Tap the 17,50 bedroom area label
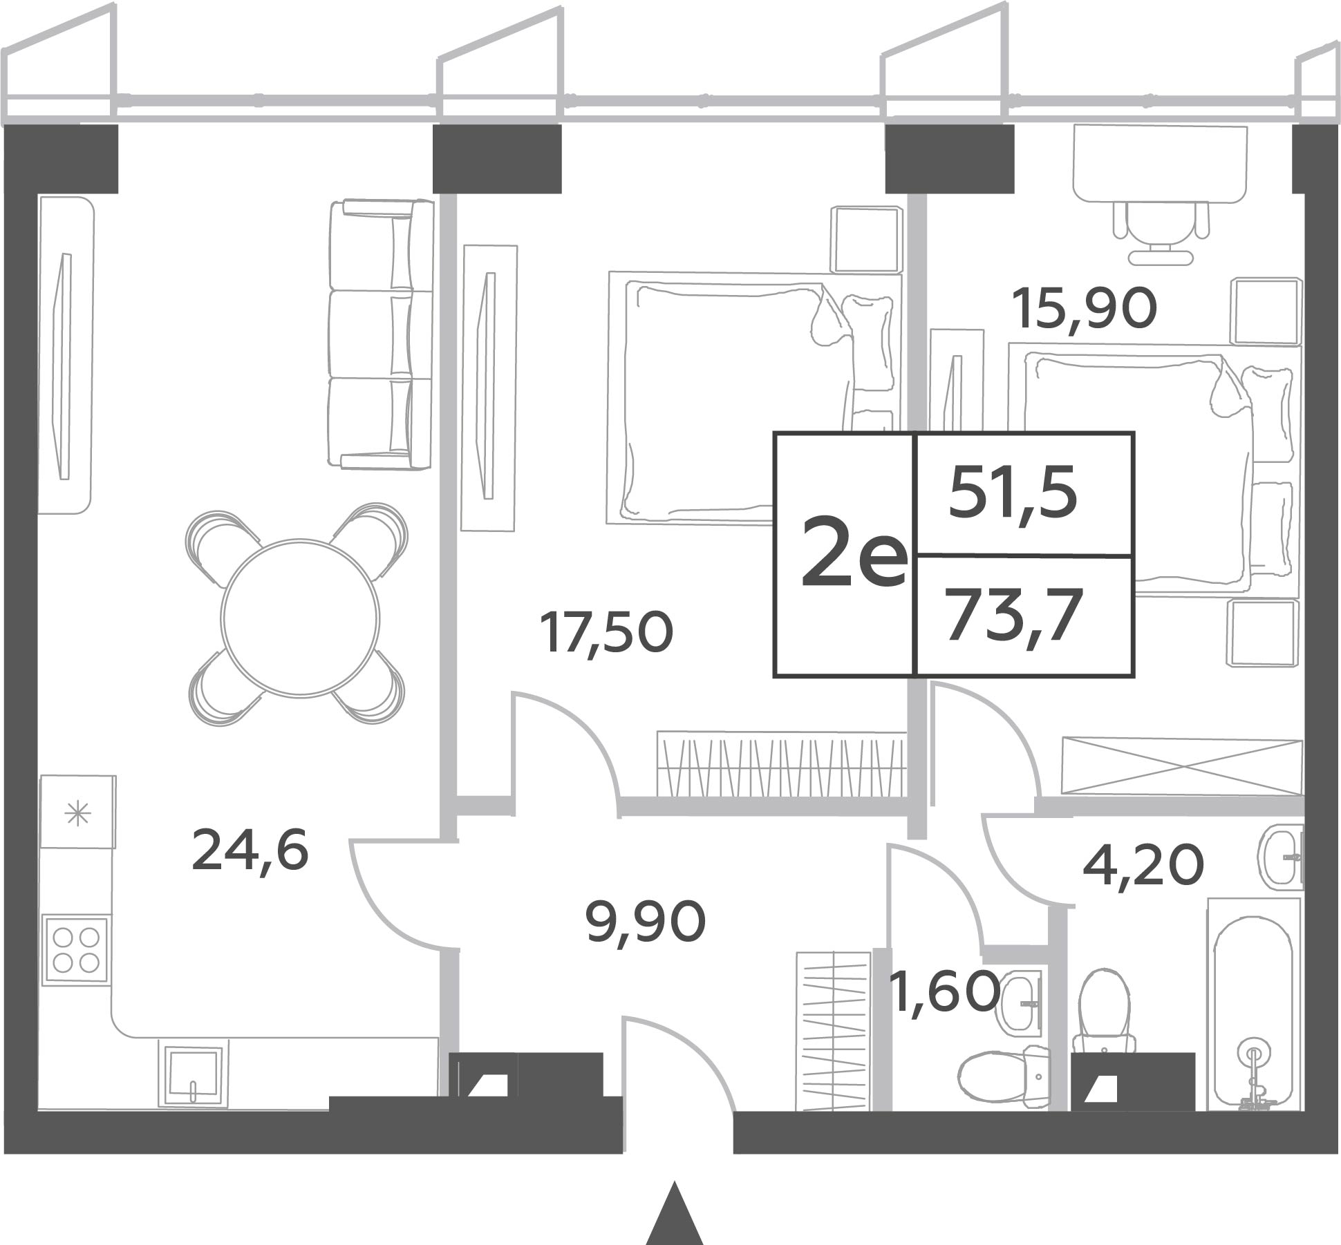[608, 634]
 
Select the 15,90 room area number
[1085, 309]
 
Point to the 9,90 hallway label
[646, 923]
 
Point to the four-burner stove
[76, 950]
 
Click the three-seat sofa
[381, 335]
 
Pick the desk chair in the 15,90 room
[1161, 231]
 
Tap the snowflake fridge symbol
[77, 813]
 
